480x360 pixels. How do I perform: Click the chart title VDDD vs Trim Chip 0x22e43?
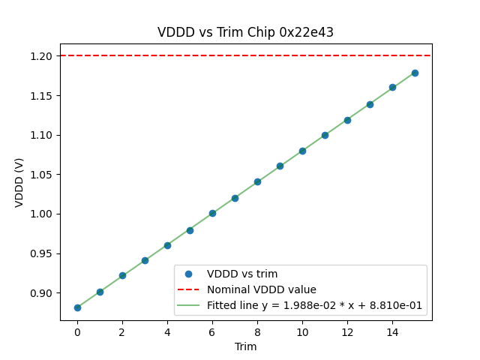pyautogui.click(x=245, y=32)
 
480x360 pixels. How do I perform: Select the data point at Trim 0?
pyautogui.click(x=77, y=307)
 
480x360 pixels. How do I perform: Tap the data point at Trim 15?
pyautogui.click(x=415, y=73)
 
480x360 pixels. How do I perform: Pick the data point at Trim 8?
pyautogui.click(x=257, y=181)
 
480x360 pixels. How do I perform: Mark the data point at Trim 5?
pyautogui.click(x=190, y=230)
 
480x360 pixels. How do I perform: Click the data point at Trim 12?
pyautogui.click(x=347, y=120)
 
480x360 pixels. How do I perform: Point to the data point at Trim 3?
pyautogui.click(x=145, y=260)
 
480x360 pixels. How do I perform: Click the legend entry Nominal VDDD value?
pyautogui.click(x=261, y=289)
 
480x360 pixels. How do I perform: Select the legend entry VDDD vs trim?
pyautogui.click(x=241, y=274)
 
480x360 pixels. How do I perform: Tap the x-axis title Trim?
pyautogui.click(x=245, y=346)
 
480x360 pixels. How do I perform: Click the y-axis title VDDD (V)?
pyautogui.click(x=19, y=182)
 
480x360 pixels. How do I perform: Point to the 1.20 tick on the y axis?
pyautogui.click(x=41, y=56)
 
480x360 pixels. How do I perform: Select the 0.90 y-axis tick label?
pyautogui.click(x=41, y=293)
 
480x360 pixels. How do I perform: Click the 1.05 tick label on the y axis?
pyautogui.click(x=41, y=175)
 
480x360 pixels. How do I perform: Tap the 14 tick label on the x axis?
pyautogui.click(x=392, y=332)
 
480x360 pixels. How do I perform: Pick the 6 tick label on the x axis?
pyautogui.click(x=212, y=332)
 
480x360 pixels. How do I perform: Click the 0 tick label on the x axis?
pyautogui.click(x=77, y=332)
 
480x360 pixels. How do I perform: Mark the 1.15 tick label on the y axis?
pyautogui.click(x=41, y=96)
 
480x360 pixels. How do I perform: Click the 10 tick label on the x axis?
pyautogui.click(x=302, y=332)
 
